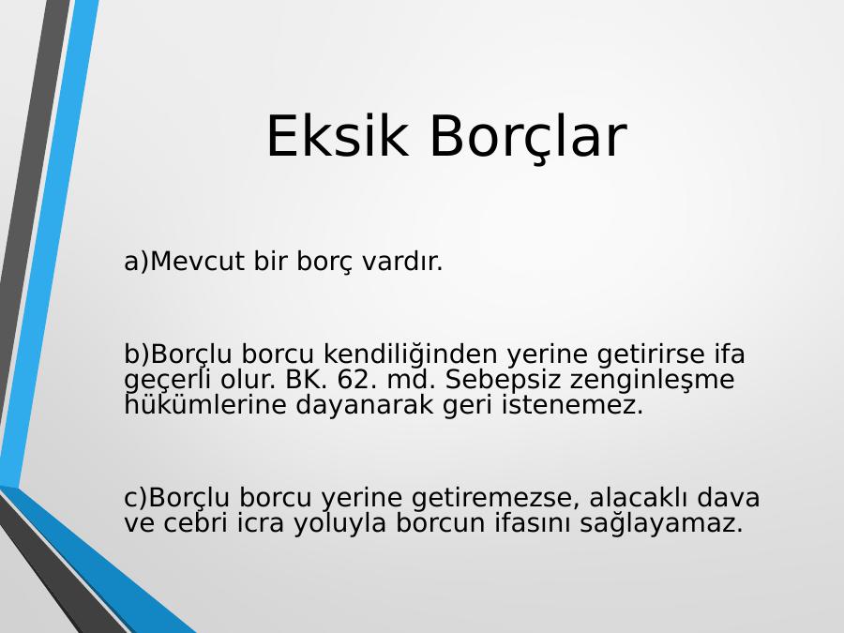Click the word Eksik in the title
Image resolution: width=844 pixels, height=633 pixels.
coord(337,136)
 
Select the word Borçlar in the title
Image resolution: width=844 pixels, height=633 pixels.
coord(528,138)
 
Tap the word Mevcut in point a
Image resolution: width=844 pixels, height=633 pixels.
coord(197,262)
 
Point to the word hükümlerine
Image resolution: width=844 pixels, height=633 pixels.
coord(205,405)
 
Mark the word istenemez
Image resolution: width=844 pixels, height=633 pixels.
coord(572,405)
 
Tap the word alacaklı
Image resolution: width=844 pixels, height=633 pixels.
coord(639,496)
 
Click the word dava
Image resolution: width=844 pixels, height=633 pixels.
coord(729,496)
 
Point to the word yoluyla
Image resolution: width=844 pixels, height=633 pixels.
coord(339,523)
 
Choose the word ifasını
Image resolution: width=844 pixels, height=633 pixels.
coord(532,522)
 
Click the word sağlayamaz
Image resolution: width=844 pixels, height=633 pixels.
coord(661,523)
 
